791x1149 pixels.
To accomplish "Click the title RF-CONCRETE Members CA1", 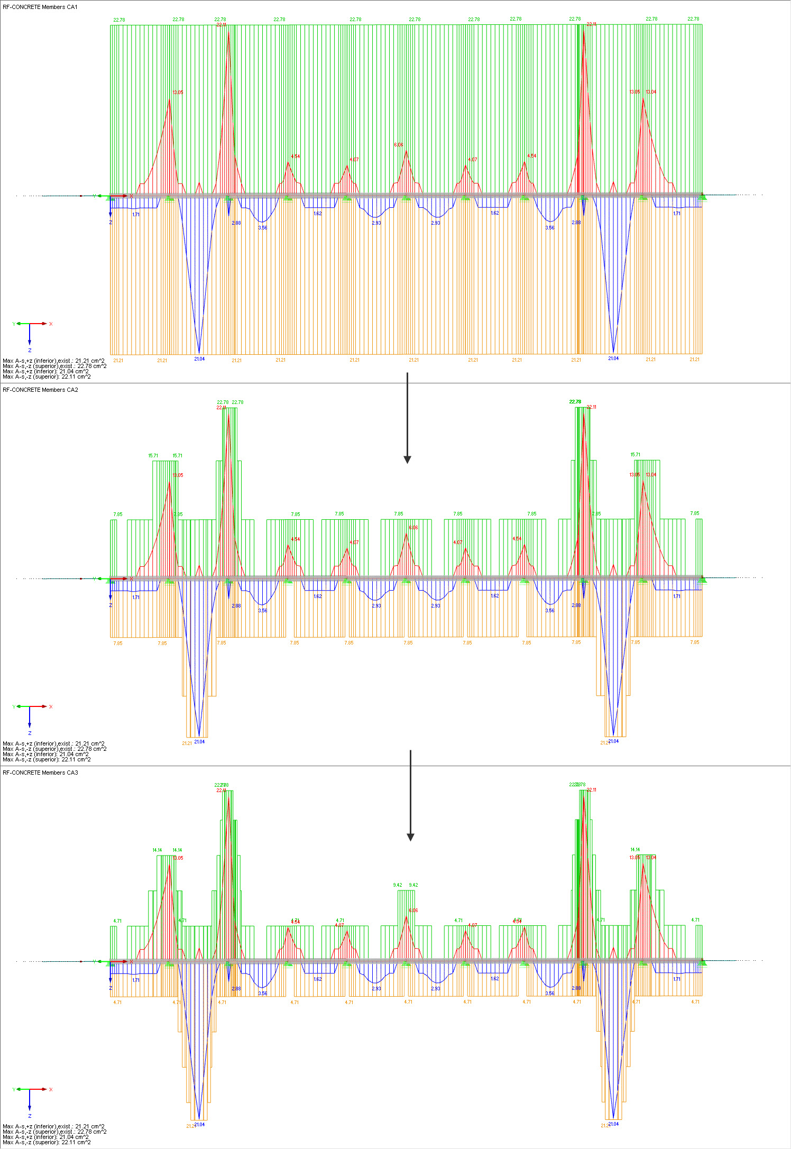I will [40, 7].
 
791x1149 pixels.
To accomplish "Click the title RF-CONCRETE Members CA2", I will [40, 390].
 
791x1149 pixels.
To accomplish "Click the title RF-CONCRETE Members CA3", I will [40, 773].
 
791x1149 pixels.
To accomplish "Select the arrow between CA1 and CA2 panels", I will [407, 418].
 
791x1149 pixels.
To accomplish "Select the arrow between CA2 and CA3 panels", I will [410, 795].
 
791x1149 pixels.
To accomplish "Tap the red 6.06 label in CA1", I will [398, 145].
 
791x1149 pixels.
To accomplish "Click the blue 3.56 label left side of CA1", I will [262, 228].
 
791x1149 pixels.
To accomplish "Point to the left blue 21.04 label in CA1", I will [199, 359].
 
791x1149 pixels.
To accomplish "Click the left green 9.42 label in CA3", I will [398, 885].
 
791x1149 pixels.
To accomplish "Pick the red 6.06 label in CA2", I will [413, 528].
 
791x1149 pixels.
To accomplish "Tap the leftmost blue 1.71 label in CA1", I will [136, 215].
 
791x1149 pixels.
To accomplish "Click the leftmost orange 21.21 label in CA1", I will [118, 361].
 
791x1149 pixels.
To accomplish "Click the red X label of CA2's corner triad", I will [51, 706].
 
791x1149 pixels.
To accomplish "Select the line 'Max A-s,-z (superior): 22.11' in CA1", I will [47, 377].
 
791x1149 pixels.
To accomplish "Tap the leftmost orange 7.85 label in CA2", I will [117, 644].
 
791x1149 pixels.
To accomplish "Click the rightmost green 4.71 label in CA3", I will [695, 920].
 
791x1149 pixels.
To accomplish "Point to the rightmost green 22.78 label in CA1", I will [693, 19].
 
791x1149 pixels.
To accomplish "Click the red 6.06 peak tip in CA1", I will [406, 151].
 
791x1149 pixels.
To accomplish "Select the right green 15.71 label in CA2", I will [635, 455].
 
